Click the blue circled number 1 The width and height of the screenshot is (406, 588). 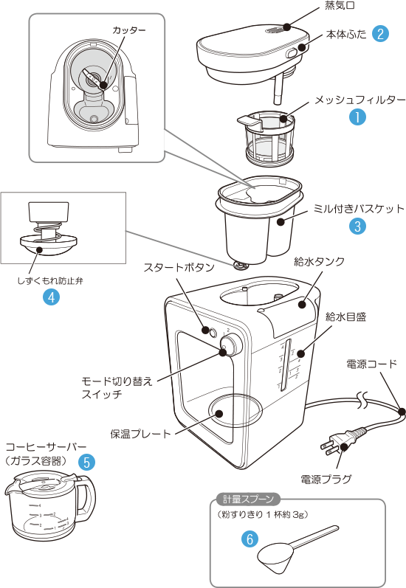point(357,117)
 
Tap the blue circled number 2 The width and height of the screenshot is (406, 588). point(380,34)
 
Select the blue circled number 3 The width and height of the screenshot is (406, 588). point(357,226)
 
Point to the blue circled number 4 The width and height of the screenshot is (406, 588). point(52,297)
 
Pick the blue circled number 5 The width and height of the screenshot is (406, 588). point(86,462)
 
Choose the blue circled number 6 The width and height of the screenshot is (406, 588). point(250,539)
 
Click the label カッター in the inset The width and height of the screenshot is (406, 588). point(129,30)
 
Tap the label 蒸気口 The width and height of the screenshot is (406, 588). point(340,5)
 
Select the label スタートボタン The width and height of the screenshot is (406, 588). point(179,267)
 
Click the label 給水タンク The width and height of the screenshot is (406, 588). point(320,261)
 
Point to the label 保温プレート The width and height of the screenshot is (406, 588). point(141,434)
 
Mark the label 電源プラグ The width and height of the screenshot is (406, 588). point(326,479)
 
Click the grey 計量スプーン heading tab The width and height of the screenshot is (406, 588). point(248,499)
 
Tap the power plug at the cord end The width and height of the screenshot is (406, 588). point(340,442)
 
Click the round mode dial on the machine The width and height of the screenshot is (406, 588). point(231,346)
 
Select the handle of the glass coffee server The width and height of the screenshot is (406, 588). point(86,499)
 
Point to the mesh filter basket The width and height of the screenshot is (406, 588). point(269,138)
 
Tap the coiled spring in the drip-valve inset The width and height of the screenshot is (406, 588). point(48,231)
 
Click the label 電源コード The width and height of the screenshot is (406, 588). point(371,364)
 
